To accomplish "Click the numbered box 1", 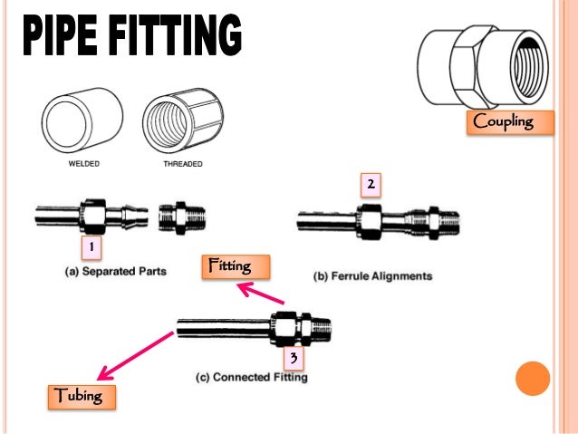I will pyautogui.click(x=89, y=247).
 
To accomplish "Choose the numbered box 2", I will pyautogui.click(x=370, y=186).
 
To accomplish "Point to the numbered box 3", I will pyautogui.click(x=293, y=359).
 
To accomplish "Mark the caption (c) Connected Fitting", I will pyautogui.click(x=252, y=377).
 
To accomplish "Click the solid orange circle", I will pyautogui.click(x=533, y=380).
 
